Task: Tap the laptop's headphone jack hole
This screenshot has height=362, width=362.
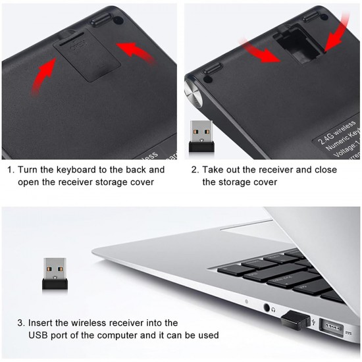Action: tap(268, 307)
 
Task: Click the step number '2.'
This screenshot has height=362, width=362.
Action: tap(195, 169)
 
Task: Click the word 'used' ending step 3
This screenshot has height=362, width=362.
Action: tap(207, 335)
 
